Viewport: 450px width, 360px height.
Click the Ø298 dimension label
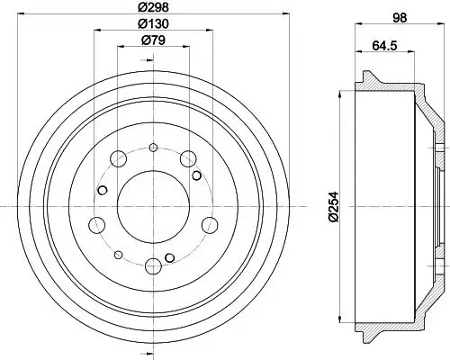(x=152, y=8)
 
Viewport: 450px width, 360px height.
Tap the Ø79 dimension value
(x=152, y=41)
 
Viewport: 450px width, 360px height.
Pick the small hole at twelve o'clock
(x=153, y=147)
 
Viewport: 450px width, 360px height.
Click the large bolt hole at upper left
(x=117, y=159)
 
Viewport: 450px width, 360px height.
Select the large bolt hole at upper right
(x=188, y=159)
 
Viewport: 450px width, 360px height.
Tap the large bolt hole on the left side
(x=95, y=224)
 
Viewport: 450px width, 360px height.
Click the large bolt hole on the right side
(x=210, y=224)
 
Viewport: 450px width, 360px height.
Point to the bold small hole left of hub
(x=103, y=189)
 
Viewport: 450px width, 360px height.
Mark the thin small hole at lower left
(x=119, y=253)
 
